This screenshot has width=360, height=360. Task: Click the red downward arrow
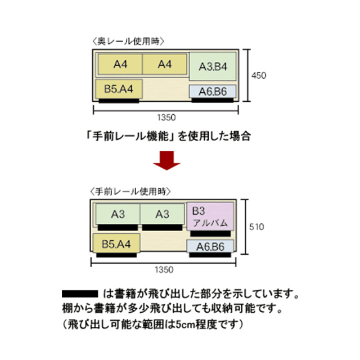tap(168, 160)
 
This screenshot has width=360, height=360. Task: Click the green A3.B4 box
tap(213, 67)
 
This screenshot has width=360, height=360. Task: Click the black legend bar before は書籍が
tap(79, 294)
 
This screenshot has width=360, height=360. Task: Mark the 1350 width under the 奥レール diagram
tap(167, 118)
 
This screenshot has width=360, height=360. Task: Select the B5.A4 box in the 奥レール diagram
tap(119, 89)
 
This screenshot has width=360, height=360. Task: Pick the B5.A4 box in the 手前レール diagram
tap(116, 244)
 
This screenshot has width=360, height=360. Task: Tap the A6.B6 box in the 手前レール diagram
tap(210, 246)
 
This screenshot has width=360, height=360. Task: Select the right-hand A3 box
tap(163, 214)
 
